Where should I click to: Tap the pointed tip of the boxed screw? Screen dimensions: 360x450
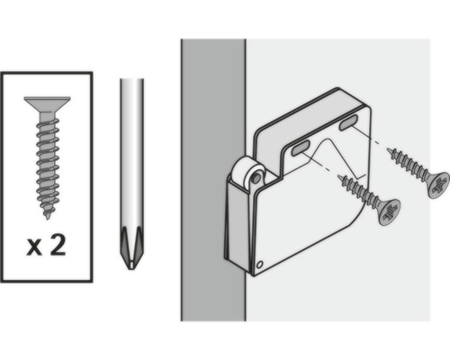(48, 216)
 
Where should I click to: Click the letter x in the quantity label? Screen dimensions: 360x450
(33, 247)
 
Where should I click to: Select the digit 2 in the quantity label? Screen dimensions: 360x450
(58, 247)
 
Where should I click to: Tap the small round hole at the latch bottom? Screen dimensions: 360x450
(260, 265)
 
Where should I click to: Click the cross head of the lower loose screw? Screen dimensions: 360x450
(388, 212)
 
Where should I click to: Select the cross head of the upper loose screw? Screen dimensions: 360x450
(438, 184)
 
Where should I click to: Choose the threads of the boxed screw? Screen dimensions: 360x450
(46, 162)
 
